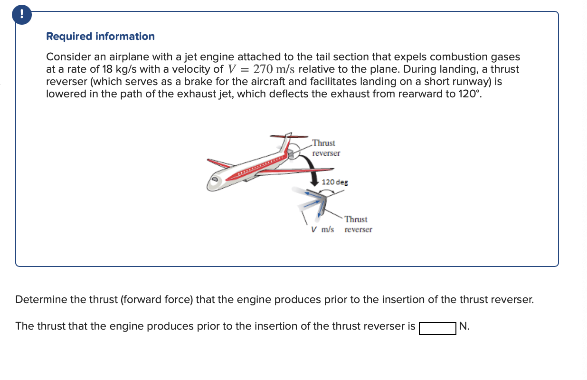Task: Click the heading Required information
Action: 100,37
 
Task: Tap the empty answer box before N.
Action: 437,327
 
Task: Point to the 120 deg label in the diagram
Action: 335,182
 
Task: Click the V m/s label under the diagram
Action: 322,229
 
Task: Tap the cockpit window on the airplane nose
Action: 215,179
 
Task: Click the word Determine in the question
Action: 41,300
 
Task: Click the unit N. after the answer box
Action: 464,327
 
